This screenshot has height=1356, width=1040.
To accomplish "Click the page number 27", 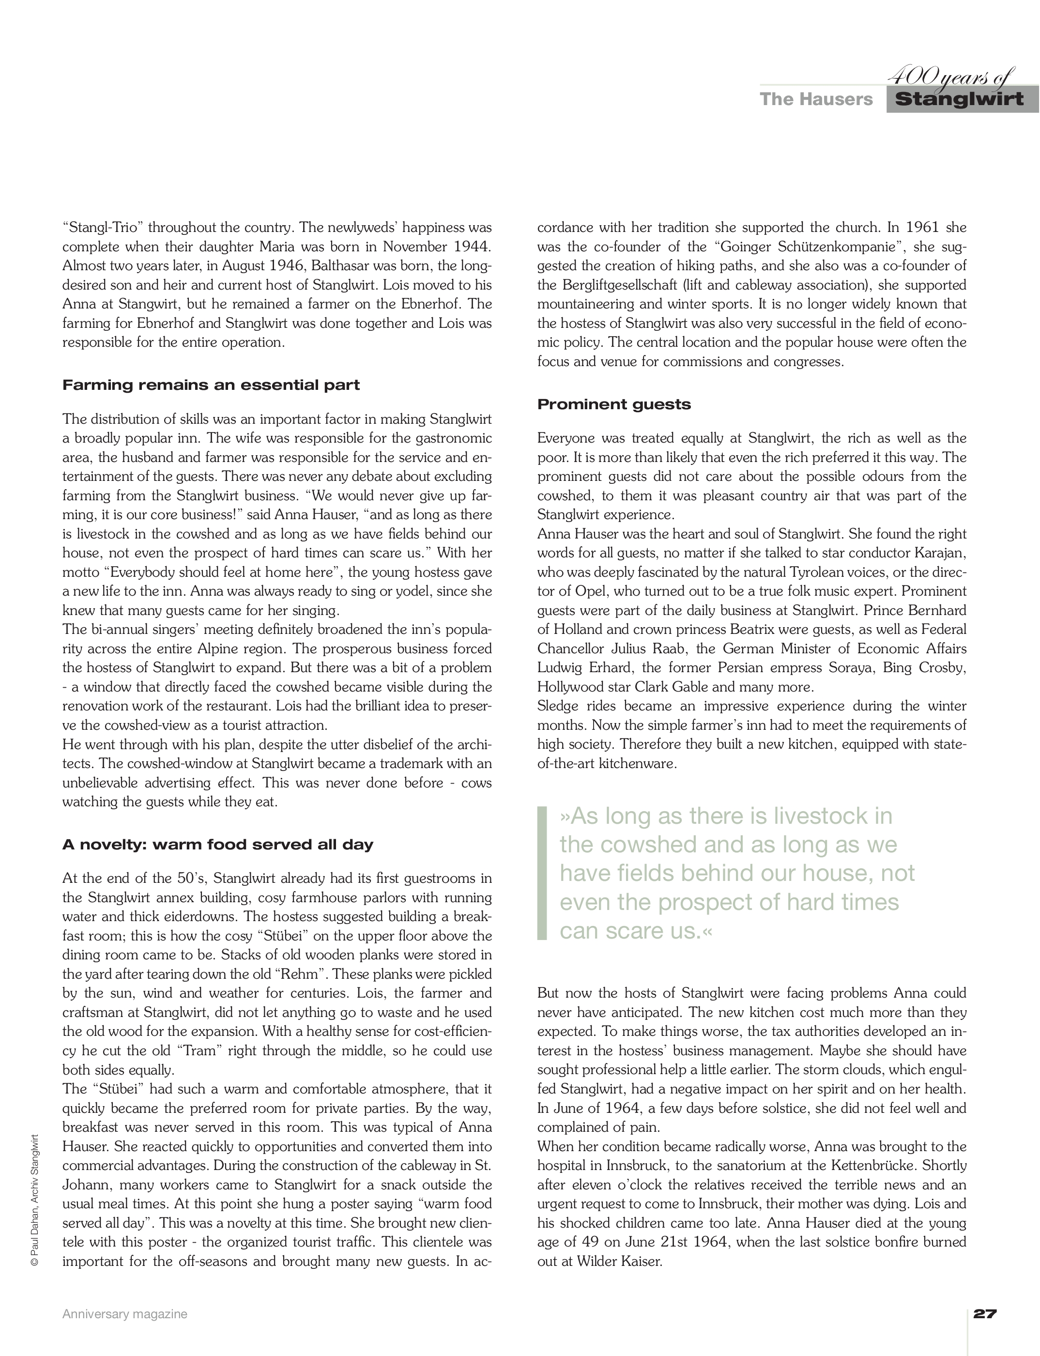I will [985, 1313].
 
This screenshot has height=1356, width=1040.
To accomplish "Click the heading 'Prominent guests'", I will [613, 404].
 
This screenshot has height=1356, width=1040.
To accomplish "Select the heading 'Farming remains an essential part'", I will [211, 385].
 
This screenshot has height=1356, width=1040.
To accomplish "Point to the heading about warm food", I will [217, 845].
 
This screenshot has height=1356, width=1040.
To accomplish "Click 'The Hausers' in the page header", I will [816, 99].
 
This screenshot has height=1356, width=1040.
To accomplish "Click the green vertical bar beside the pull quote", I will [542, 873].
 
